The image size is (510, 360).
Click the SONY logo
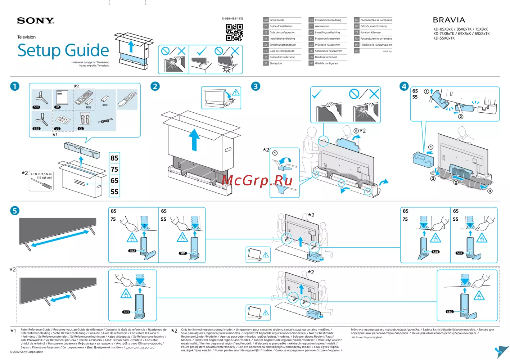(36, 21)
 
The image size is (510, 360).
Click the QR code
(234, 32)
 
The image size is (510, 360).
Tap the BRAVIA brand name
(449, 20)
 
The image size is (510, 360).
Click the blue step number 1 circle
(15, 86)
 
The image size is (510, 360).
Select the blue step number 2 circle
(155, 86)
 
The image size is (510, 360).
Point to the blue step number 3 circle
(256, 86)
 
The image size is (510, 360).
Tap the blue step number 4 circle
(404, 86)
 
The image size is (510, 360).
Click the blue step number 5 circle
(15, 211)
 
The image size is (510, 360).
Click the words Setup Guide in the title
(63, 50)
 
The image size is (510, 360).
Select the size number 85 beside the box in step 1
(114, 158)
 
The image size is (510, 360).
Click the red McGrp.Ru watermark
(257, 180)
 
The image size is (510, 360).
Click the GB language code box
(266, 20)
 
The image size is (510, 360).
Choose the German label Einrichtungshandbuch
(283, 45)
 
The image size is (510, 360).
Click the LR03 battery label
(105, 105)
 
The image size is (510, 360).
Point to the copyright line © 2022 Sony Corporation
(27, 352)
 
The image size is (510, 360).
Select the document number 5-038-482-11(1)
(232, 19)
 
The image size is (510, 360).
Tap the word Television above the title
(27, 37)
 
